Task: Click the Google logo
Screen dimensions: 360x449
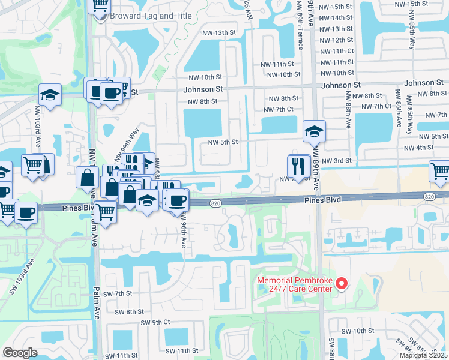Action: [20, 352]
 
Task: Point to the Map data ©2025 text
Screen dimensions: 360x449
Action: [424, 355]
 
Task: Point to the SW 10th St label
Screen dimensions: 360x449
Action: [359, 331]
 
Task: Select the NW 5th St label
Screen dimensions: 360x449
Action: [223, 142]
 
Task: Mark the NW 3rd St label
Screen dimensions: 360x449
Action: [335, 160]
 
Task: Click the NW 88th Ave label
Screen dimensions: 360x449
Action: [348, 111]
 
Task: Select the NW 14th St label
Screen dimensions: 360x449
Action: [337, 18]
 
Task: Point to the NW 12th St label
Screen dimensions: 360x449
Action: [337, 40]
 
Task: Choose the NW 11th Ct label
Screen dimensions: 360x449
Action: [337, 51]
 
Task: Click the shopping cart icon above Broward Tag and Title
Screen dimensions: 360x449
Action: [100, 5]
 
